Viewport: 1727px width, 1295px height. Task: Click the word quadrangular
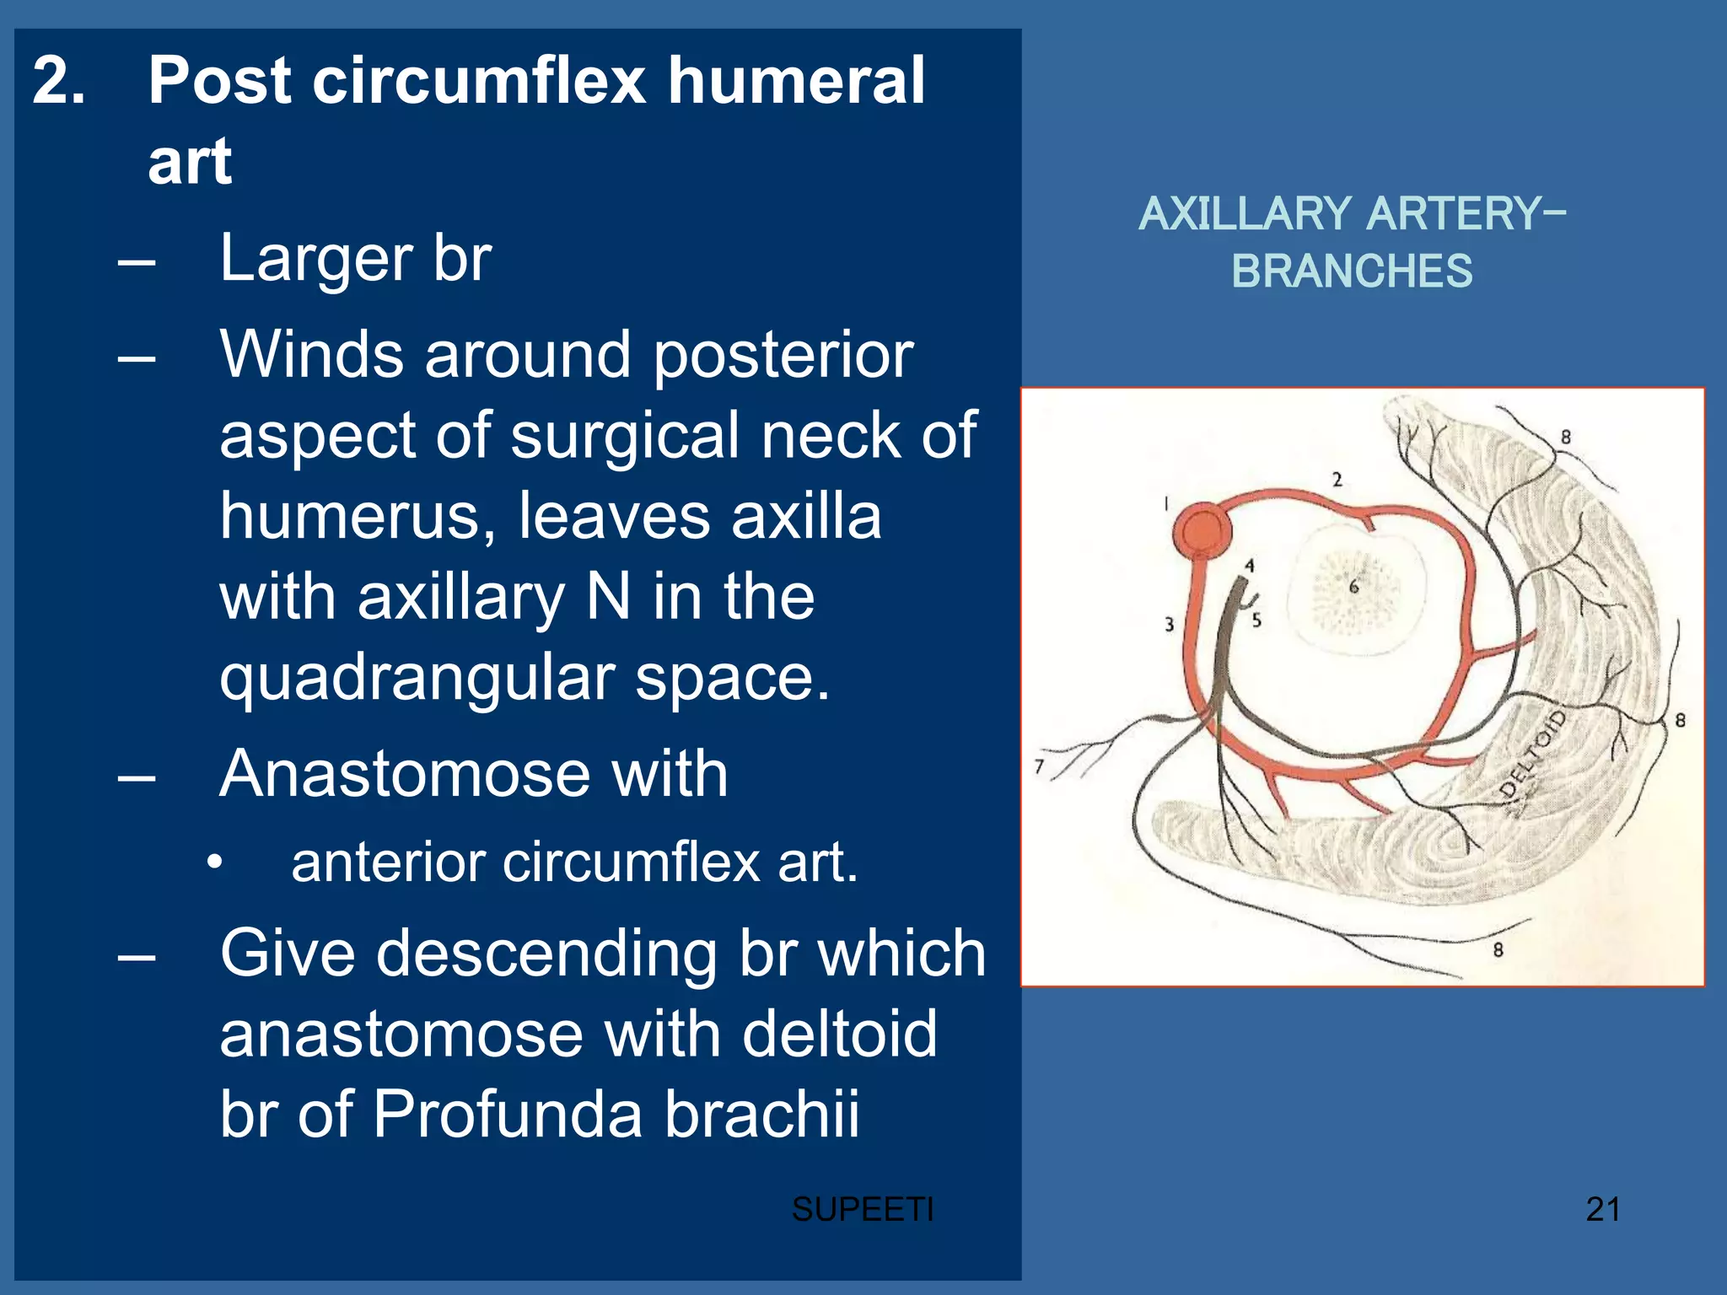[417, 679]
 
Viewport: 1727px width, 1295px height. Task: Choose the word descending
[544, 954]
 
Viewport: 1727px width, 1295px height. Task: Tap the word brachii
[762, 1114]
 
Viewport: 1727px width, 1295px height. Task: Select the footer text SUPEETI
[862, 1210]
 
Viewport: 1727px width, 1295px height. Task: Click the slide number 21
[1602, 1210]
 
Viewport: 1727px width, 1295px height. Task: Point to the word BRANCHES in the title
[1351, 271]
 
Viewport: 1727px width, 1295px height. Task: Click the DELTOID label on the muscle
[1533, 755]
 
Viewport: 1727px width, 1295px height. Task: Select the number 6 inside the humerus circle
[1353, 587]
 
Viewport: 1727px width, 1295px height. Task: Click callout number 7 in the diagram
[1039, 766]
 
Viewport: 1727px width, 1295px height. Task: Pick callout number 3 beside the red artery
[1169, 625]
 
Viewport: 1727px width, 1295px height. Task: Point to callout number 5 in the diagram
[1256, 621]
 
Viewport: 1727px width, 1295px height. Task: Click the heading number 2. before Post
[59, 81]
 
